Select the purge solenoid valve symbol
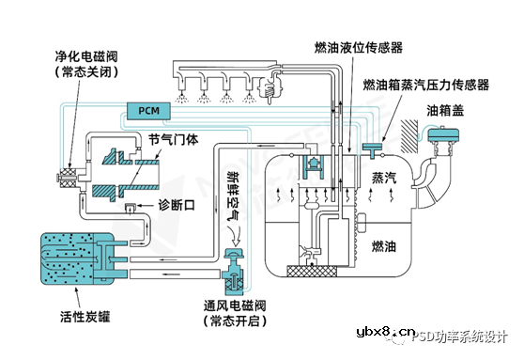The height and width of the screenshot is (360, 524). point(67,177)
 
